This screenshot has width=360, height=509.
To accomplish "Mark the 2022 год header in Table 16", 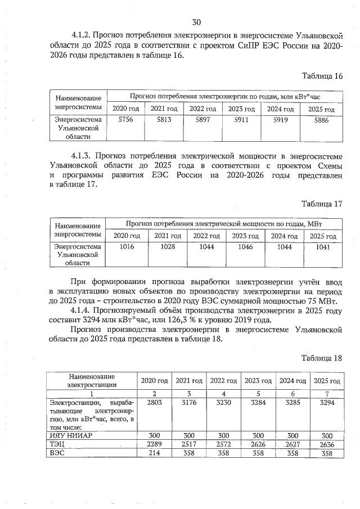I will [x=202, y=109].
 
